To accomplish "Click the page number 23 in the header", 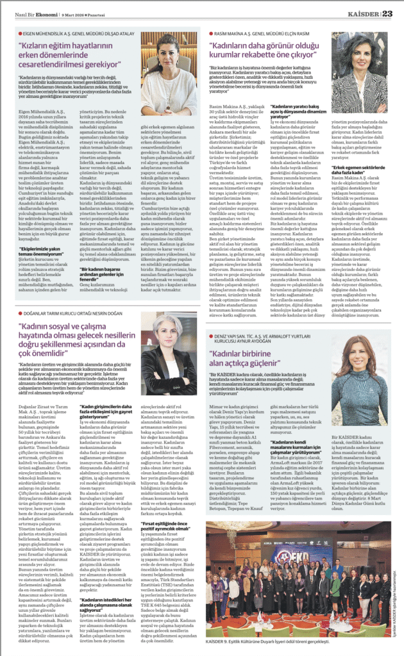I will [x=387, y=15].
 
